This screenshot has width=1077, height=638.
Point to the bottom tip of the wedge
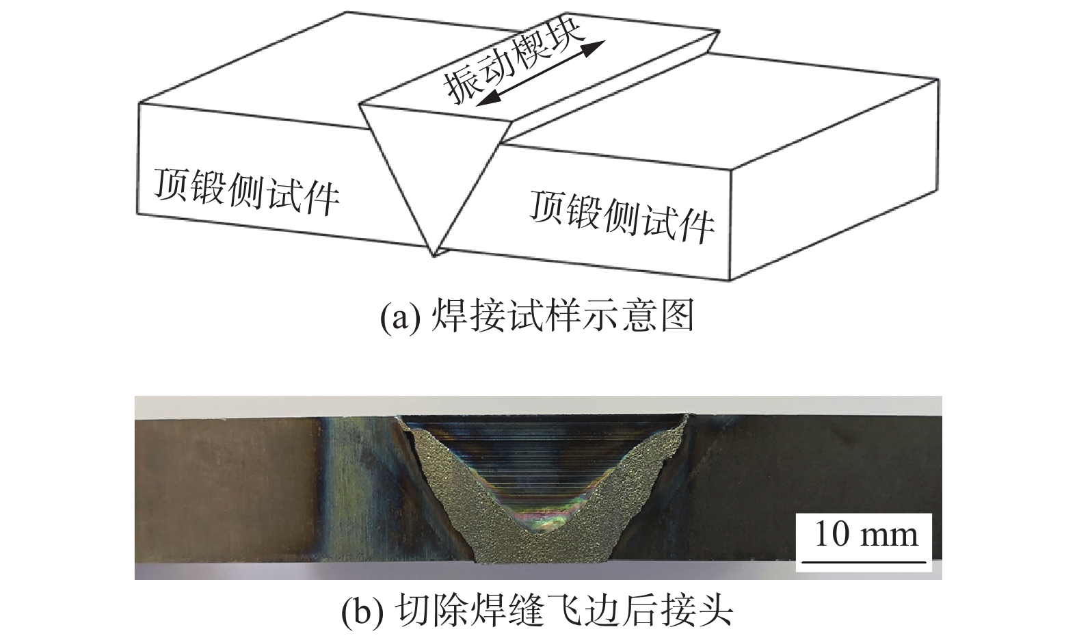pos(434,256)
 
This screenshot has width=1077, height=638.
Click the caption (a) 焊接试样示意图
pos(537,317)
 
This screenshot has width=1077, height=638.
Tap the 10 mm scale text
pos(866,534)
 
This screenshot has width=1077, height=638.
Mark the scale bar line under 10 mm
pos(864,561)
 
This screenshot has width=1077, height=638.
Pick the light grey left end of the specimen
pos(226,490)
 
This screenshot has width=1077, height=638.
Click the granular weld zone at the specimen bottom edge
pos(542,548)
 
